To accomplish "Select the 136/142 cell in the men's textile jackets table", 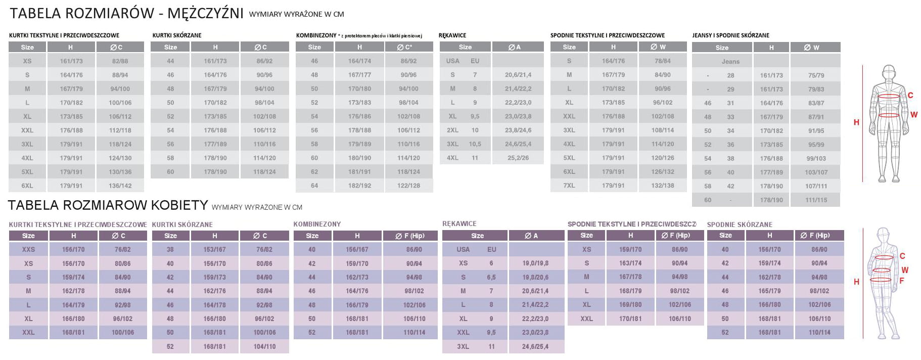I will [x=120, y=186].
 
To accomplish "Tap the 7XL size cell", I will [x=569, y=186].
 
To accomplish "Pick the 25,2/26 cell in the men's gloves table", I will [x=518, y=158].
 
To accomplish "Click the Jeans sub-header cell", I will [x=730, y=61].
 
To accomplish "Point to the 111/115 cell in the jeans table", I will [x=816, y=200].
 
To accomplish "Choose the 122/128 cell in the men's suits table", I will [x=408, y=186].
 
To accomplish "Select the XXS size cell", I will [x=28, y=249].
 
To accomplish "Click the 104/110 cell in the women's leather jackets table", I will [x=264, y=346].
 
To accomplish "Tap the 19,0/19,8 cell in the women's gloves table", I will [x=535, y=263].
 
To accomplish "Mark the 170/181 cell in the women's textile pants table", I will [x=630, y=319].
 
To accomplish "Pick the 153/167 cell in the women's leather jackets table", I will [x=214, y=249].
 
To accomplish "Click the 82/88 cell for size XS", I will [x=120, y=61].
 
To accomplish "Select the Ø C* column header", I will [x=408, y=47].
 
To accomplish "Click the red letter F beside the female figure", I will [x=901, y=281].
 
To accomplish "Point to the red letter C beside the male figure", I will [x=910, y=95].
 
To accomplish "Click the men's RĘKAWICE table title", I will [x=452, y=35].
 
